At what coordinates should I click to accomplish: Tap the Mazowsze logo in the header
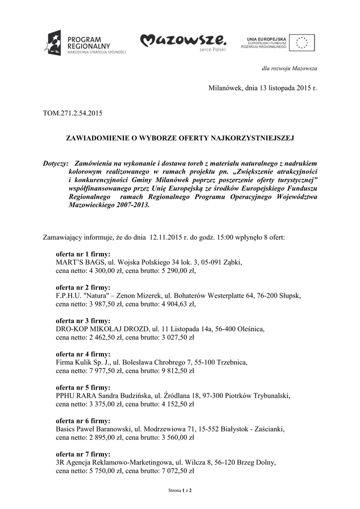(183, 41)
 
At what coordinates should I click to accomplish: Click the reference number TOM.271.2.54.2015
(73, 113)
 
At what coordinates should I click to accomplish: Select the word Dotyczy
(55, 164)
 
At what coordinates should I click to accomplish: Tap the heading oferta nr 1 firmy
(83, 254)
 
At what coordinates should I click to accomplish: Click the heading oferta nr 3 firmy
(83, 321)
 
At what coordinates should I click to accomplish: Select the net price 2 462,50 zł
(103, 337)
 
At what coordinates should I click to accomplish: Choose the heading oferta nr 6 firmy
(83, 421)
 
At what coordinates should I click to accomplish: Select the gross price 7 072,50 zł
(175, 471)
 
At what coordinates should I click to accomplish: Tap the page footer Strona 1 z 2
(180, 491)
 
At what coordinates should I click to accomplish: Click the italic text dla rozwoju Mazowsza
(289, 68)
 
